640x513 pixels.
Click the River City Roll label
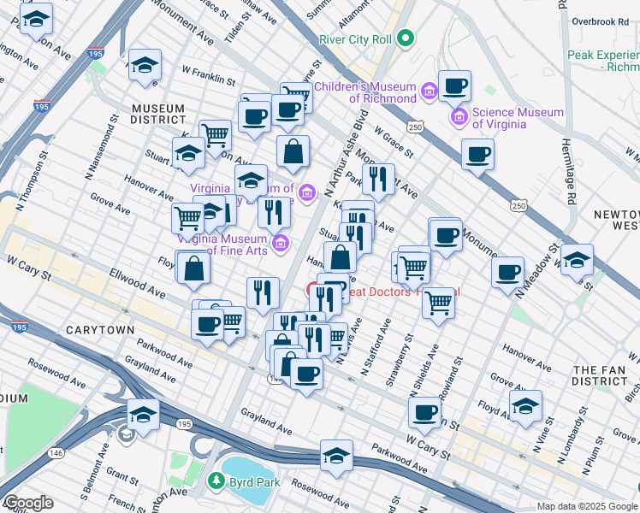354,39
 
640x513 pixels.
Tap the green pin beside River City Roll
406,38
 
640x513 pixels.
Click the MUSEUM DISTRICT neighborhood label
158,114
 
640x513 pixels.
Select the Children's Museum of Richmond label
365,92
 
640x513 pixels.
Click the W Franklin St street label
209,77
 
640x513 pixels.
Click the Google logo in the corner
27,503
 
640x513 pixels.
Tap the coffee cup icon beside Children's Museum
454,86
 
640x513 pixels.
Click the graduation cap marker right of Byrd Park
337,456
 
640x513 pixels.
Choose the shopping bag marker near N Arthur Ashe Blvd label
293,151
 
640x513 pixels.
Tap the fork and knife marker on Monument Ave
377,180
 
